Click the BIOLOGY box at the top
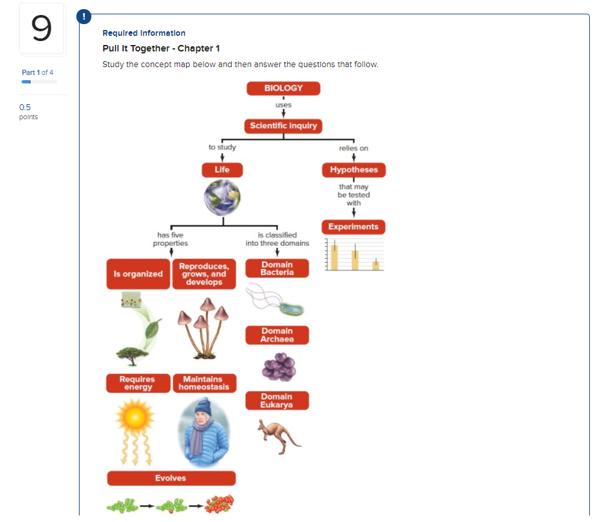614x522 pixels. click(x=283, y=88)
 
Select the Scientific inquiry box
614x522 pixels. click(x=283, y=126)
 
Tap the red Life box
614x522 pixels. click(x=222, y=170)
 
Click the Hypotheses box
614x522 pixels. click(x=354, y=170)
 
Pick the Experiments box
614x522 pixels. click(x=353, y=227)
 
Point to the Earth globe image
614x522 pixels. click(x=222, y=198)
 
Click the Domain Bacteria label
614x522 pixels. click(x=277, y=268)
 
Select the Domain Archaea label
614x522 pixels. click(x=277, y=335)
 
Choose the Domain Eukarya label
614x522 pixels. click(x=277, y=401)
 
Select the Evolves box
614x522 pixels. click(x=171, y=478)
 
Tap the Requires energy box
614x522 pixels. click(x=138, y=383)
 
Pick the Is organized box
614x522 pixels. click(x=138, y=274)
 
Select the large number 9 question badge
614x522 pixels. click(x=42, y=29)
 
